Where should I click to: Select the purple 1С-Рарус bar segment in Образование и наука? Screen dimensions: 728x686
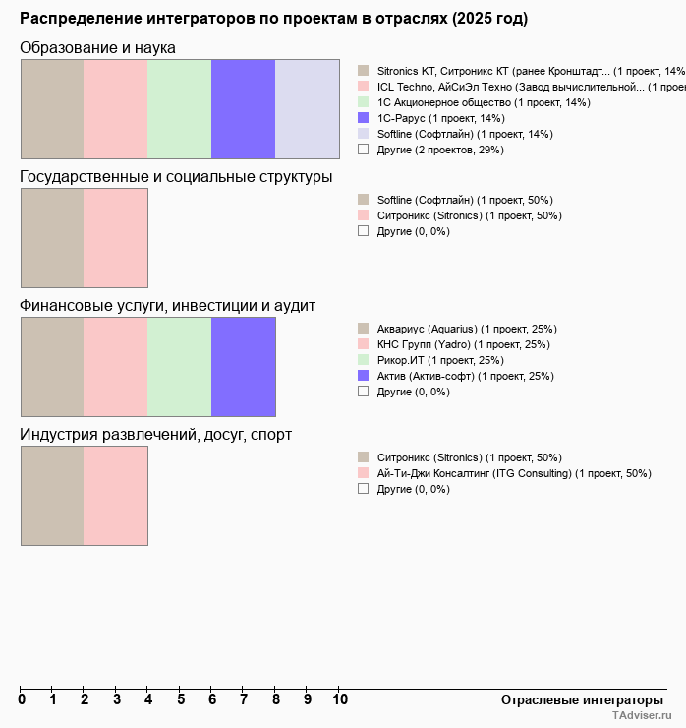click(x=243, y=108)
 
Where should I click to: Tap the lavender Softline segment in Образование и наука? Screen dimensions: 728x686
click(x=307, y=108)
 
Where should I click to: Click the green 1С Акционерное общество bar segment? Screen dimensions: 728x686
click(x=179, y=108)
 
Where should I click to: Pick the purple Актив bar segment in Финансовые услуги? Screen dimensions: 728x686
click(x=243, y=367)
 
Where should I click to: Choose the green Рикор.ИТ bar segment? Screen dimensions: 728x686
click(x=179, y=367)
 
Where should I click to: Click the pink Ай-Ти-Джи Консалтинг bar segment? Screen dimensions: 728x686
click(x=115, y=496)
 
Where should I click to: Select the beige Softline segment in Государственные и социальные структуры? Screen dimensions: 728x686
click(x=52, y=238)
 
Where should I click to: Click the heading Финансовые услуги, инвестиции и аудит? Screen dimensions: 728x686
click(x=167, y=306)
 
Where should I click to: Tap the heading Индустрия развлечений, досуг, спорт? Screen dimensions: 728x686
click(x=155, y=435)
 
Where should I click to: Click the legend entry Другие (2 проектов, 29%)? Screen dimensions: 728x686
click(x=440, y=150)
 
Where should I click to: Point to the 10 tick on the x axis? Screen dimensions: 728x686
click(x=339, y=699)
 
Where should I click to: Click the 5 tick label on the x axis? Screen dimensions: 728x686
click(x=181, y=699)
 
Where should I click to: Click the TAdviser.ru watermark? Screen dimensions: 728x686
click(x=643, y=717)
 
